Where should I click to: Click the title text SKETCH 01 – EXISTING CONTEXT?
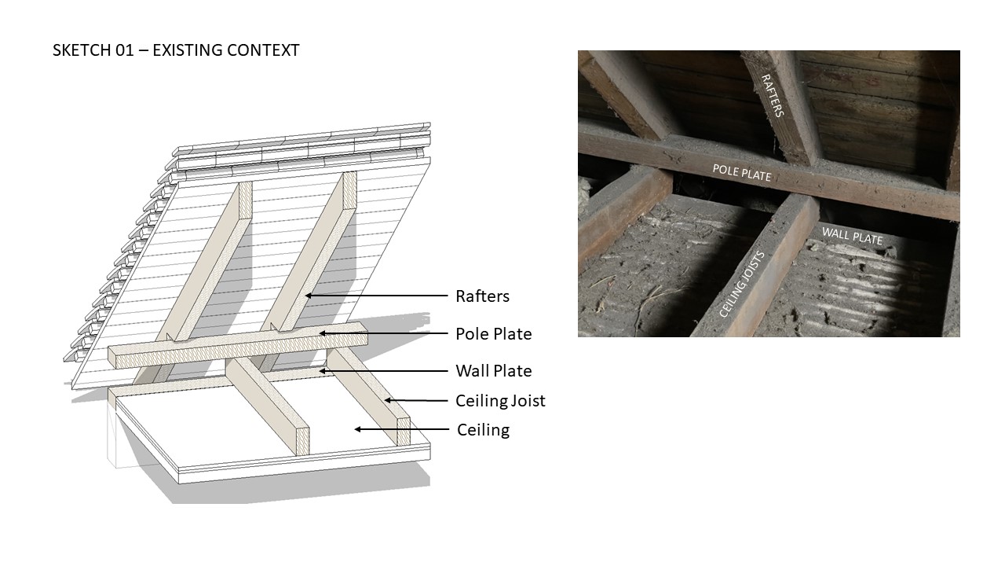tap(176, 50)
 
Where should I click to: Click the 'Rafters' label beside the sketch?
tap(482, 296)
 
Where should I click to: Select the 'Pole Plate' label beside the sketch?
tap(494, 334)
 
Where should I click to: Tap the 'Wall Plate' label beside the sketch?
tap(494, 371)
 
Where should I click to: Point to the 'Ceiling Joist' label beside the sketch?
tap(500, 401)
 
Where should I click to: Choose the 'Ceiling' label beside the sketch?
tap(483, 430)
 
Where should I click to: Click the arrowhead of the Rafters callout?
tap(308, 296)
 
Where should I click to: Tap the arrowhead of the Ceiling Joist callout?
tap(387, 400)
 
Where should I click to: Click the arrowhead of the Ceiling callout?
tap(357, 429)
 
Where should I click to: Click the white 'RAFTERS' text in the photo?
tap(773, 96)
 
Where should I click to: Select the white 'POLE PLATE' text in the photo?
tap(742, 173)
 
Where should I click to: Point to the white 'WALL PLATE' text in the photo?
tap(852, 236)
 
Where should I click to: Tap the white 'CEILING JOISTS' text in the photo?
tap(742, 285)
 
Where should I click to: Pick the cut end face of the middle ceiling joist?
tap(303, 440)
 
